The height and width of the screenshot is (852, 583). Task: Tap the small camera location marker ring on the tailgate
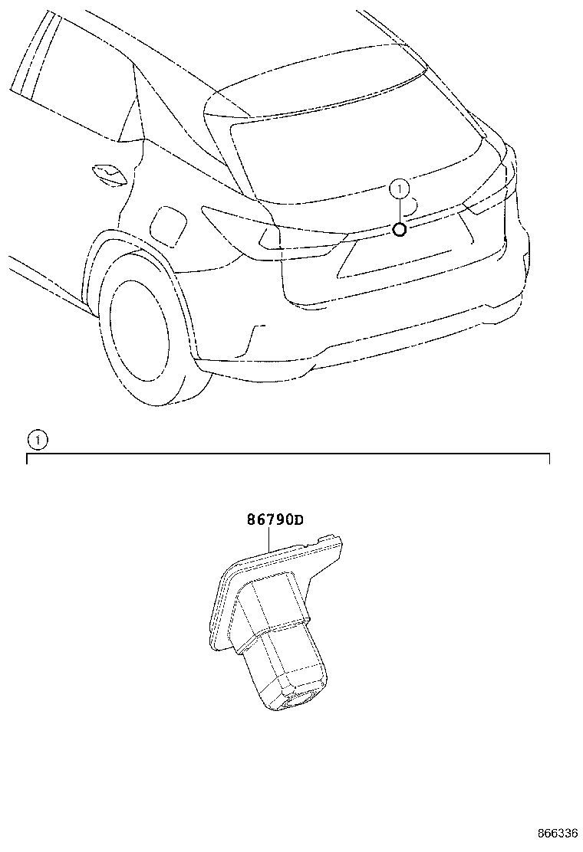tap(400, 230)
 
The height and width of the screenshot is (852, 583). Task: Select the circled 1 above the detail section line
tap(37, 440)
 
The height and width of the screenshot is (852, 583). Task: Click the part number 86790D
tap(275, 520)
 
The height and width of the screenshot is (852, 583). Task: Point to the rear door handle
tap(109, 173)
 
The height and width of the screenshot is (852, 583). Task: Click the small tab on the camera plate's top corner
tap(328, 538)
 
